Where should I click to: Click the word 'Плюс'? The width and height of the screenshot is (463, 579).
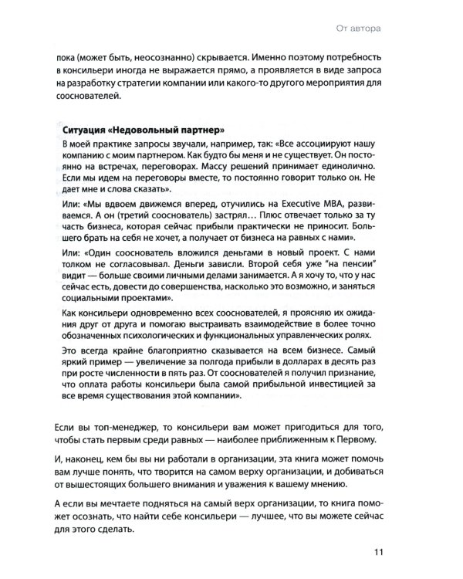275,217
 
